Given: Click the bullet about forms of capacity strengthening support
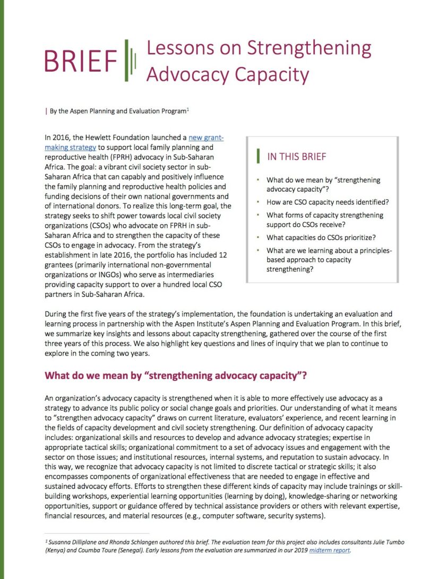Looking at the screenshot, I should coord(324,220).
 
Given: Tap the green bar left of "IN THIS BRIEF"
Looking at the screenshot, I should coord(258,156).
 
